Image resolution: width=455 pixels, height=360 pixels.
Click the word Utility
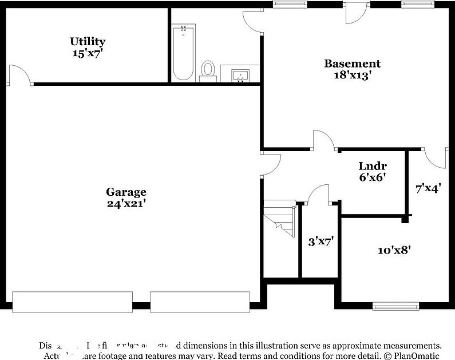click(88, 41)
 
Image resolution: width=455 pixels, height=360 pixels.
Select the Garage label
click(126, 192)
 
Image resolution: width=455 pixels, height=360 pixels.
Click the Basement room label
click(352, 64)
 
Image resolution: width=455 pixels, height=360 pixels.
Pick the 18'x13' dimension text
click(352, 75)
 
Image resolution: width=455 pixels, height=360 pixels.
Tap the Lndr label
click(369, 166)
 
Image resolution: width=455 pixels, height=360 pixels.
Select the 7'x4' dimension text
click(428, 187)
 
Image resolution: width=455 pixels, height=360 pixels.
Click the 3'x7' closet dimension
click(321, 242)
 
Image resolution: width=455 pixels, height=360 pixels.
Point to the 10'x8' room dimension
click(394, 250)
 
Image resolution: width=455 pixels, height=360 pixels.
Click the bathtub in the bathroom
click(184, 53)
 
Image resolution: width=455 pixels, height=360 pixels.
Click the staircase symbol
click(279, 220)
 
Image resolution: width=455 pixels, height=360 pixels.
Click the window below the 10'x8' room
click(394, 305)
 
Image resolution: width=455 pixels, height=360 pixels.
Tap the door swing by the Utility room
click(18, 76)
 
